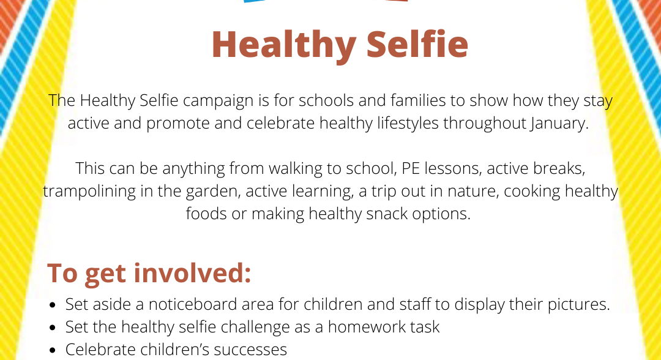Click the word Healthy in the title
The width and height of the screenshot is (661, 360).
tap(284, 45)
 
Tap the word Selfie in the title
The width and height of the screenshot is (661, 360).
tap(417, 44)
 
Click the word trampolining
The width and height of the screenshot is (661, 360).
tap(89, 192)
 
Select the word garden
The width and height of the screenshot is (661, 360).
tap(214, 192)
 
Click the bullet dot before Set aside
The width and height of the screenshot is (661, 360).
tap(53, 305)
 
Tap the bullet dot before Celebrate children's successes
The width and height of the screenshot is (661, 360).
tap(53, 350)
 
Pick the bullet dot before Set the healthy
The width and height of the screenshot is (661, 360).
tap(53, 328)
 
